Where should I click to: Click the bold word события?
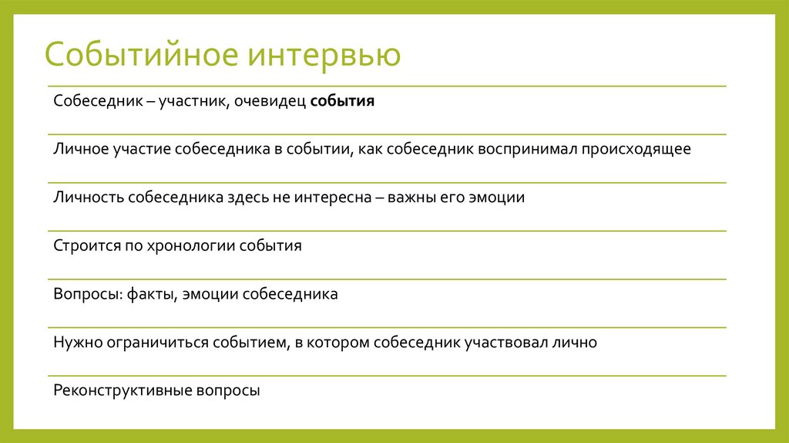click(343, 102)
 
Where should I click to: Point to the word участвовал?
click(500, 342)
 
